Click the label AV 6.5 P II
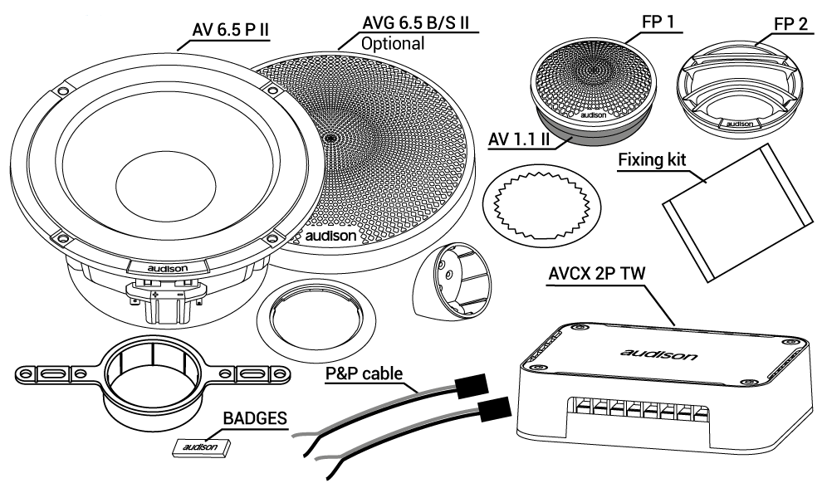[231, 30]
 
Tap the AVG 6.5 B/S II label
[416, 24]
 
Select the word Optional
[393, 43]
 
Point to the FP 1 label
[658, 22]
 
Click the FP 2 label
[790, 24]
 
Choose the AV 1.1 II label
[519, 139]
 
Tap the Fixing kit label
[652, 159]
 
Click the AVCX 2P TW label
[596, 274]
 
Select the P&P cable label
[364, 373]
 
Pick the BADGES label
[255, 418]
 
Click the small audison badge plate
[202, 447]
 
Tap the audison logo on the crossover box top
[658, 354]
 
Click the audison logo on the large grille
[330, 236]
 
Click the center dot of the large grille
[331, 138]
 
